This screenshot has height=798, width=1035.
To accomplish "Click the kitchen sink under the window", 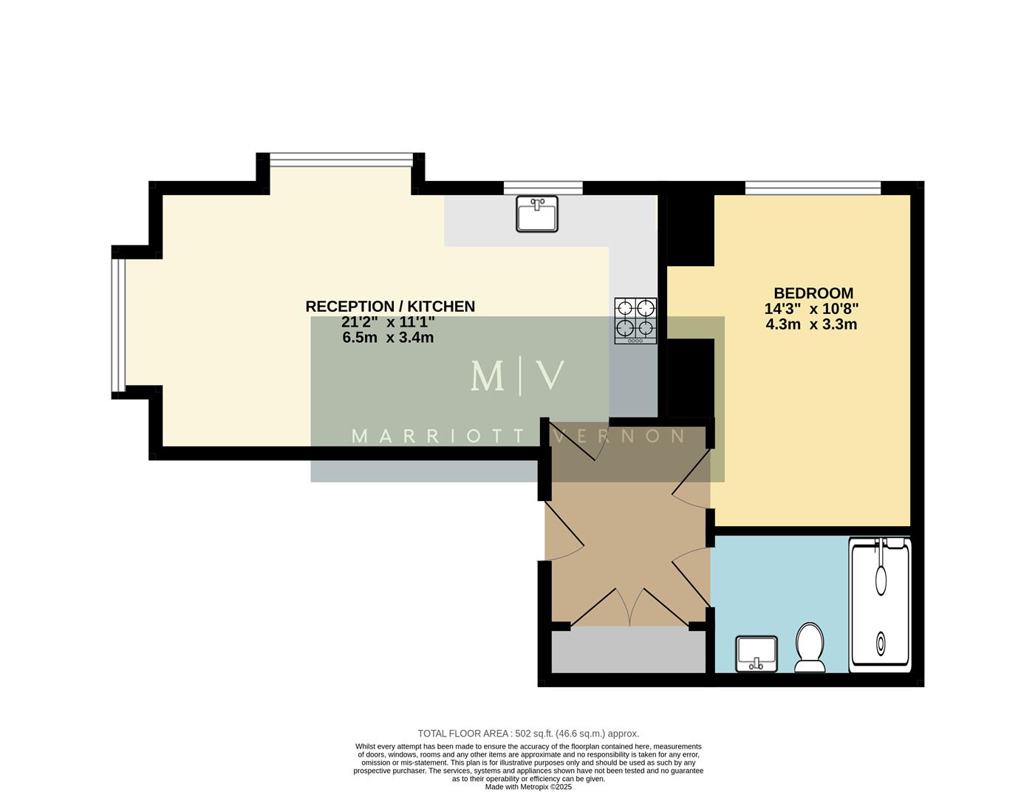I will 537,214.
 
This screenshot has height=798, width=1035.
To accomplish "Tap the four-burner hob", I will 635,320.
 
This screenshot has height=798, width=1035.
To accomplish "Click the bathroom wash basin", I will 756,652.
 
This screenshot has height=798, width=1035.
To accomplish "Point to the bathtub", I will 880,604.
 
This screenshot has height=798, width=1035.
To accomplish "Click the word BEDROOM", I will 813,293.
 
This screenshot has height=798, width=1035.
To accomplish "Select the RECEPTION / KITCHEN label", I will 390,306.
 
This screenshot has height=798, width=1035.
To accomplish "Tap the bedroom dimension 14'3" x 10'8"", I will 812,309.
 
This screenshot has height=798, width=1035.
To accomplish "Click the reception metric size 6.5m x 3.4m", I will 388,338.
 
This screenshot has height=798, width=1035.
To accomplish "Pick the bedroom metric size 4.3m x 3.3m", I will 811,324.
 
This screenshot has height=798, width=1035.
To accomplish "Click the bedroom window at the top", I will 813,188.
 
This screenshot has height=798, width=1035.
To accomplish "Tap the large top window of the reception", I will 341,160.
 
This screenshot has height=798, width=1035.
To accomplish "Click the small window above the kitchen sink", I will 543,188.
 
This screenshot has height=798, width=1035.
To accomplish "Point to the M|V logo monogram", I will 518,376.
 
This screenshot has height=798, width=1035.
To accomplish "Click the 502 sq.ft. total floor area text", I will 528,734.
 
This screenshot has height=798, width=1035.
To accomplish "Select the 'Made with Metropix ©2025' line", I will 528,787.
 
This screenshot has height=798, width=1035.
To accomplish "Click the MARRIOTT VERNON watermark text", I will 518,437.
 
